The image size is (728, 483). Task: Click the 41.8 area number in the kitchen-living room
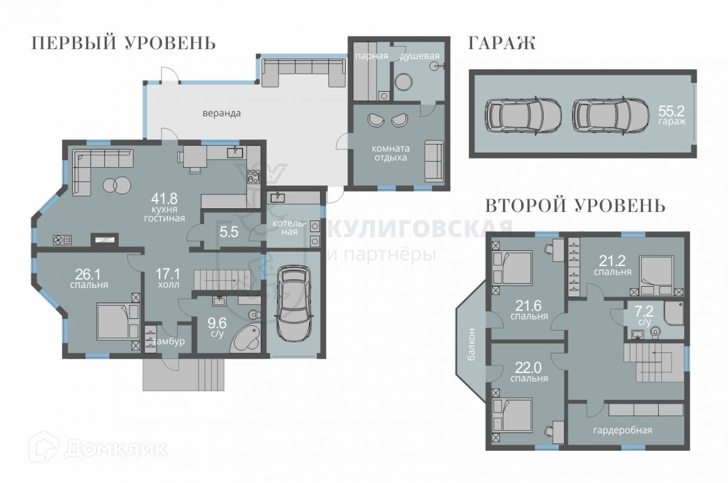pyautogui.click(x=164, y=198)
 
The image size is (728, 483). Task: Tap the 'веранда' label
pyautogui.click(x=221, y=113)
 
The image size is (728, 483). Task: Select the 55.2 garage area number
pyautogui.click(x=671, y=111)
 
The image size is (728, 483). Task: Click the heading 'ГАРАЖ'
pyautogui.click(x=502, y=43)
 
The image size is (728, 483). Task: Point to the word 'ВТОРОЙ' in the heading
pyautogui.click(x=527, y=206)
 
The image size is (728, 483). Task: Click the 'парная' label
pyautogui.click(x=371, y=57)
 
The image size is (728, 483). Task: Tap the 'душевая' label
pyautogui.click(x=420, y=57)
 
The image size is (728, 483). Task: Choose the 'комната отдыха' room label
pyautogui.click(x=391, y=153)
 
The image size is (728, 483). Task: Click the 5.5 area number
pyautogui.click(x=229, y=232)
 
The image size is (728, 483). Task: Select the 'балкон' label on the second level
pyautogui.click(x=472, y=344)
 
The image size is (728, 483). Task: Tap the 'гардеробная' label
pyautogui.click(x=622, y=430)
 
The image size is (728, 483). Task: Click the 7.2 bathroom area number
pyautogui.click(x=644, y=312)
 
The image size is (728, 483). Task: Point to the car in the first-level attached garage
pyautogui.click(x=294, y=303)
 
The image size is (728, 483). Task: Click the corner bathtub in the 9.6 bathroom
pyautogui.click(x=245, y=339)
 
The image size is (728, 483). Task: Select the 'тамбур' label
pyautogui.click(x=169, y=341)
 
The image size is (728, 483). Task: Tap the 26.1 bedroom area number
pyautogui.click(x=88, y=275)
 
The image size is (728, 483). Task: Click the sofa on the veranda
pyautogui.click(x=303, y=72)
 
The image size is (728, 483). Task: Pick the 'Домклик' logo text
pyautogui.click(x=116, y=449)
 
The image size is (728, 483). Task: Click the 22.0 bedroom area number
pyautogui.click(x=528, y=368)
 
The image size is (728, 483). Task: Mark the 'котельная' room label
pyautogui.click(x=289, y=227)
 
